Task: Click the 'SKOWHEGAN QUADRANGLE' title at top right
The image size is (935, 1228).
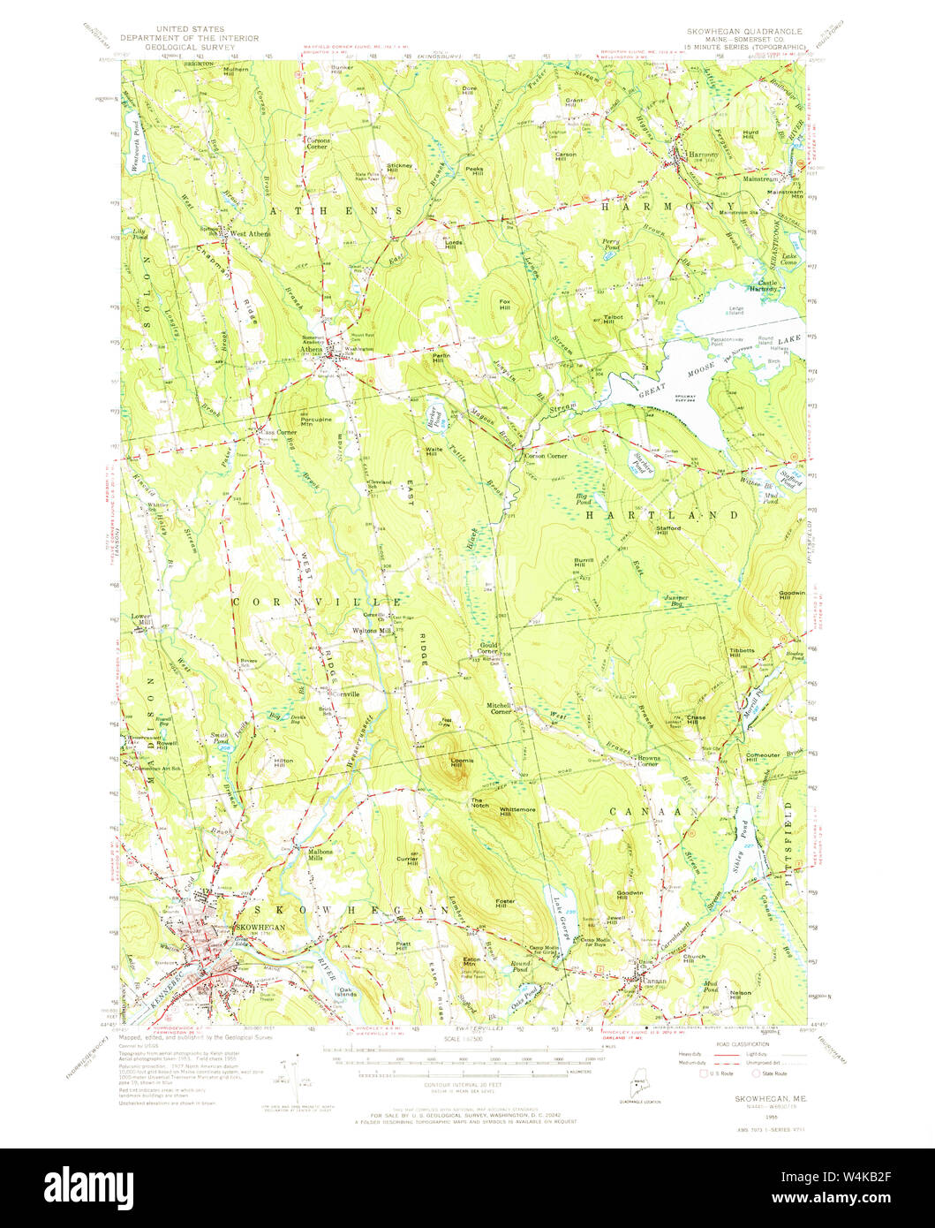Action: coord(746,31)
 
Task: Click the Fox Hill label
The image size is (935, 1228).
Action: coord(505,305)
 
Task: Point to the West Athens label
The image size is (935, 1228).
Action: coord(250,234)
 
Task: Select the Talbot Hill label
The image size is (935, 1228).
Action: coord(613,319)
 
